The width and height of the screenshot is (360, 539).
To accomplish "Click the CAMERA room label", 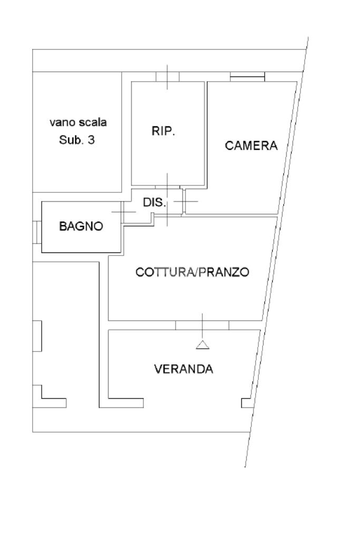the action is click(x=251, y=145).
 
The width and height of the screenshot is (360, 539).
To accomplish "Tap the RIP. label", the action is click(x=163, y=131).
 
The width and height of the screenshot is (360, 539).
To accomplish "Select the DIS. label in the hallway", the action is click(x=154, y=202).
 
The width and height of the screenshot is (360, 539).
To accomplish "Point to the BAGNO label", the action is click(x=81, y=226).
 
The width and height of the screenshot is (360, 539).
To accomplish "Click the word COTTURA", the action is click(x=164, y=272).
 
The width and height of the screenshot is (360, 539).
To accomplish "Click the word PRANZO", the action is click(x=223, y=272).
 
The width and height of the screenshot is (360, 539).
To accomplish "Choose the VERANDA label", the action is click(x=183, y=369).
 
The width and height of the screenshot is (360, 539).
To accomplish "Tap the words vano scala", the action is click(x=78, y=122).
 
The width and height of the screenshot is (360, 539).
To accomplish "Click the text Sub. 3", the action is click(x=76, y=140).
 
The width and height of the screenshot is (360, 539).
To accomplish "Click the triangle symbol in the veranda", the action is click(x=202, y=345).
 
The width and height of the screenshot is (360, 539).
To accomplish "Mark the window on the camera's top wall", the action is click(x=247, y=76).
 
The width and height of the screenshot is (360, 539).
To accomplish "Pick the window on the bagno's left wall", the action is click(x=37, y=232).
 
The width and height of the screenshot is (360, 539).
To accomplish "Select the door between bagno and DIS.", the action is click(x=122, y=212).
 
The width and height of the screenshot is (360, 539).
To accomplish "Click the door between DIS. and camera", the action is click(x=184, y=201).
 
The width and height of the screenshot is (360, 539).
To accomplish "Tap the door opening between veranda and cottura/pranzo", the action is click(x=202, y=325).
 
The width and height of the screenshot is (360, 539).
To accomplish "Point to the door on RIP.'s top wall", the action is click(x=168, y=76).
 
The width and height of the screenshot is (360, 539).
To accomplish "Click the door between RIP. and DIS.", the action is click(x=168, y=187).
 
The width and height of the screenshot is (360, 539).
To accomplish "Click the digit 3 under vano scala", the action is click(x=91, y=140).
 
